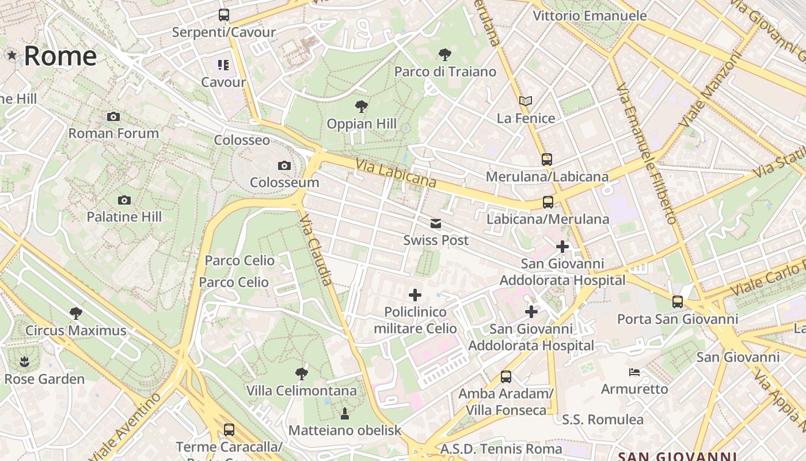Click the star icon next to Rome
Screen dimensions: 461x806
12,55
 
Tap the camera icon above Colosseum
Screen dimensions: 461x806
284,166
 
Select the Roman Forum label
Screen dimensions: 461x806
113,133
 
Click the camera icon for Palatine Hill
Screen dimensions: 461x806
124,201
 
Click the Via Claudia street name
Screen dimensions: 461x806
317,250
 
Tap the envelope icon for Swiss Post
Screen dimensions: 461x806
436,224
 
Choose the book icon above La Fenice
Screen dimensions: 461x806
525,101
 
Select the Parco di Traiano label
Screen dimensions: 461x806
445,71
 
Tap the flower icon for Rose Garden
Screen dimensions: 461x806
24,362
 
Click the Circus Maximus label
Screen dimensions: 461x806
75,331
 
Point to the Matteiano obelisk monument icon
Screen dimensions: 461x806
344,413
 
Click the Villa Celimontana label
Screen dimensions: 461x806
302,391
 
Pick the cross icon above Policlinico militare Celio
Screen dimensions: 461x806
415,296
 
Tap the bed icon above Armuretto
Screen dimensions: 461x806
634,372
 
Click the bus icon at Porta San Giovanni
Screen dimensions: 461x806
677,302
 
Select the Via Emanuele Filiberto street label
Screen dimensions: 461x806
646,153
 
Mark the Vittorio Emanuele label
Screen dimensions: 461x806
590,16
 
